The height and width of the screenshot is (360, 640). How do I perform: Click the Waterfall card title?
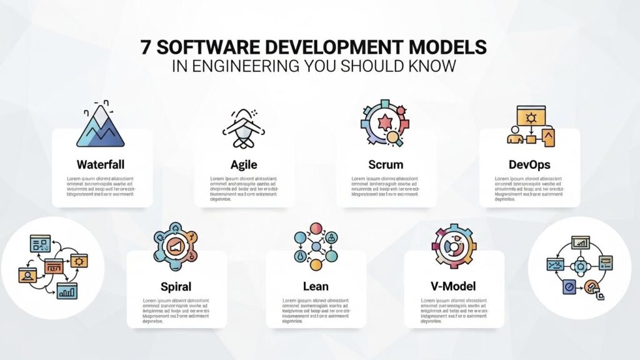tap(101, 165)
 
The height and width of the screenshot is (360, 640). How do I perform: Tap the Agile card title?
tap(244, 165)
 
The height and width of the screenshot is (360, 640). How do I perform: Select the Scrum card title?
tap(386, 165)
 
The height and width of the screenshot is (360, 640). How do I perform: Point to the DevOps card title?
tap(529, 165)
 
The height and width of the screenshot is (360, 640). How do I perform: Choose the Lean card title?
tap(316, 287)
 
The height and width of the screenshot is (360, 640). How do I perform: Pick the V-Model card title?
tap(453, 287)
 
